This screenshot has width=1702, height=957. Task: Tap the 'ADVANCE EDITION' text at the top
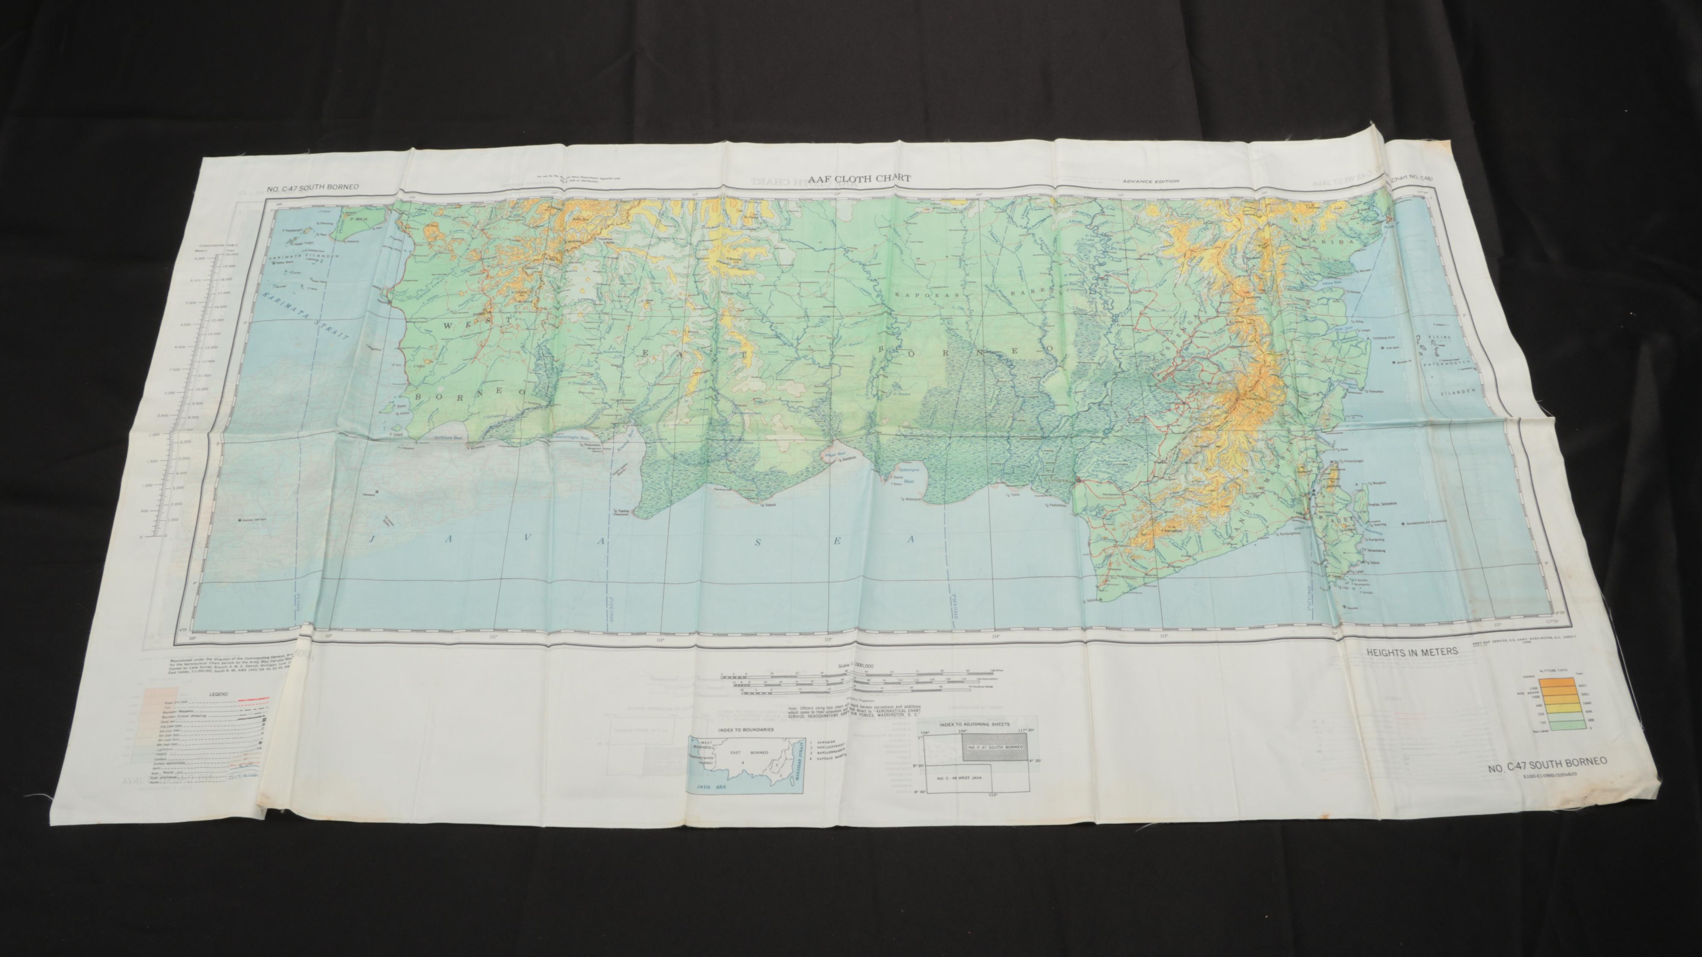1151,182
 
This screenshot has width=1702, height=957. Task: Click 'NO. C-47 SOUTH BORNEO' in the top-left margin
313,188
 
